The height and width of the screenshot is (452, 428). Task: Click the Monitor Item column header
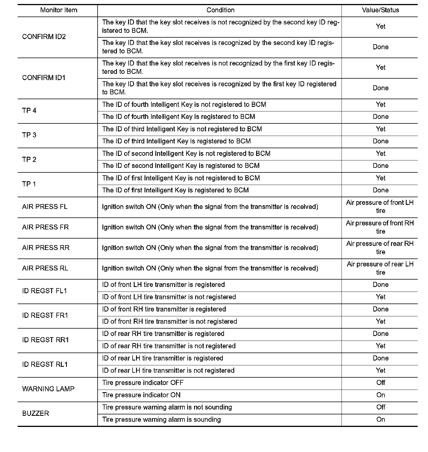coord(59,10)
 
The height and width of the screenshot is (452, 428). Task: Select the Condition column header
coord(220,10)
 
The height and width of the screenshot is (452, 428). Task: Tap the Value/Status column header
coord(380,10)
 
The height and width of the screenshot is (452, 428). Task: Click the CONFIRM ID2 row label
coord(44,37)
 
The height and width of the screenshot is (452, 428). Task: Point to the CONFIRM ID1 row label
coord(44,78)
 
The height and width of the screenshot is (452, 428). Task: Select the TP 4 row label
coord(29,111)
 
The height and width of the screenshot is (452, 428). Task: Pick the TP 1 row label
coord(29,184)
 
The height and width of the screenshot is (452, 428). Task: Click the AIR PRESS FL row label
coord(45,207)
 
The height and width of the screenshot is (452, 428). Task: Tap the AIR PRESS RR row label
coord(46,248)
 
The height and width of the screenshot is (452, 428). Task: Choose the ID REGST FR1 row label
coord(45,315)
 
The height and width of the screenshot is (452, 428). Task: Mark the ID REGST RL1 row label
coord(45,365)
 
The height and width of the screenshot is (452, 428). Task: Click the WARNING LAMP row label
coord(48,389)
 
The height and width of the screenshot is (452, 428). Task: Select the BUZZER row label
coord(36,414)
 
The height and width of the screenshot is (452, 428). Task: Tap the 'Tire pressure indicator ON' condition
coord(141,395)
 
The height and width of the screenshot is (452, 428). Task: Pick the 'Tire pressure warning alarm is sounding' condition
coord(161,420)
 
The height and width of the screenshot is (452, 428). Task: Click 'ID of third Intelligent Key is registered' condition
coord(176,141)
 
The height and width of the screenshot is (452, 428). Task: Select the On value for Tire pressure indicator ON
coord(380,395)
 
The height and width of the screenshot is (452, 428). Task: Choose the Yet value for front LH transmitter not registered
coord(380,297)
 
